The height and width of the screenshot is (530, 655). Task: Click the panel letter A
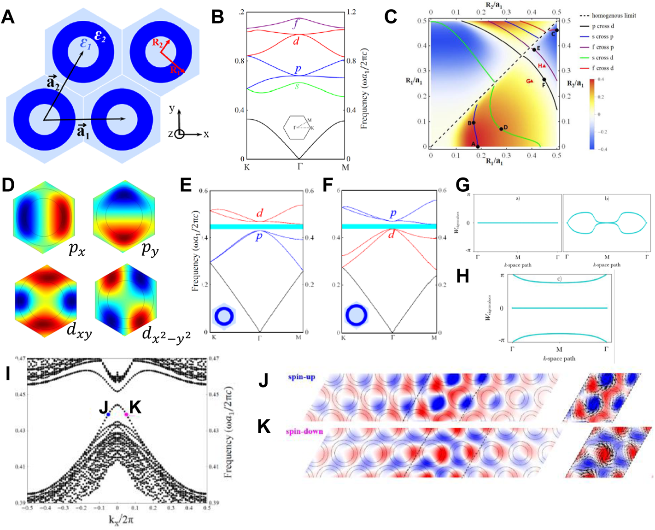coord(8,17)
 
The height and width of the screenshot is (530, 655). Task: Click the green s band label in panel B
coord(297,86)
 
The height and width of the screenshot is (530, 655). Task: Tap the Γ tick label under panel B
coord(299,166)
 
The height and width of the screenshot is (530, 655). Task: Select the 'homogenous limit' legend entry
coord(607,16)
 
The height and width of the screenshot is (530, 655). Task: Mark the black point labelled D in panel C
coord(501,129)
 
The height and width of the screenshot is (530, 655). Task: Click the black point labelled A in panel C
coord(478,147)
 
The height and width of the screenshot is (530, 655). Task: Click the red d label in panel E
coord(260,213)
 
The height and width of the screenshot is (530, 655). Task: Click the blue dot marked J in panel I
coord(108,414)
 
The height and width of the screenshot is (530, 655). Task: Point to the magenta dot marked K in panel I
coord(127,414)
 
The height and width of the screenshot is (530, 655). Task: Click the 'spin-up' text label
coord(302,377)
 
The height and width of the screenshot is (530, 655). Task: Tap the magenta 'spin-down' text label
coord(304,432)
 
